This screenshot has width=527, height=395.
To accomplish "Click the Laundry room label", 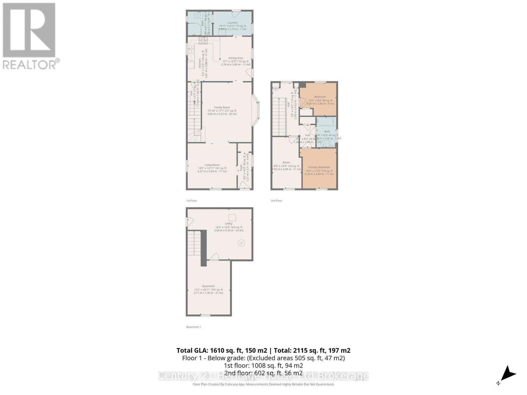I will pyautogui.click(x=232, y=23).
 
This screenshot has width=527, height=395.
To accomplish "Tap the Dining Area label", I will pyautogui.click(x=236, y=58).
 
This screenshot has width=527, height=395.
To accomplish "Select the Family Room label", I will pyautogui.click(x=222, y=107).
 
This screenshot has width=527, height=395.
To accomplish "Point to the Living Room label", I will pyautogui.click(x=212, y=165).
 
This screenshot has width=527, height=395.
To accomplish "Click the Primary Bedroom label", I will pyautogui.click(x=319, y=167).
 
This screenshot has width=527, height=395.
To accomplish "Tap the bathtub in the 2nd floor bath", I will pyautogui.click(x=326, y=122).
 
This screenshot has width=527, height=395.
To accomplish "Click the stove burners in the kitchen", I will pyautogui.click(x=202, y=40).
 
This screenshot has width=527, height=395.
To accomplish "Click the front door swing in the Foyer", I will pyautogui.click(x=244, y=187).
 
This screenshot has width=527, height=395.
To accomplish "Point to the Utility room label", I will pyautogui.click(x=229, y=224).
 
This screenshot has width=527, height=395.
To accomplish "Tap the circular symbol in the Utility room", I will pyautogui.click(x=241, y=243).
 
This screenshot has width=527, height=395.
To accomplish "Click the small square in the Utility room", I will pyautogui.click(x=232, y=218).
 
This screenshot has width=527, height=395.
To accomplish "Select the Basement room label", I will pyautogui.click(x=208, y=286).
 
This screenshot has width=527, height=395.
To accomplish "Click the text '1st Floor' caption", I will pyautogui.click(x=191, y=200).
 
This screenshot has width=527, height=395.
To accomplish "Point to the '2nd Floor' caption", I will pyautogui.click(x=276, y=200).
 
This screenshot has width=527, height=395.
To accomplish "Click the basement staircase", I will pyautogui.click(x=194, y=245).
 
